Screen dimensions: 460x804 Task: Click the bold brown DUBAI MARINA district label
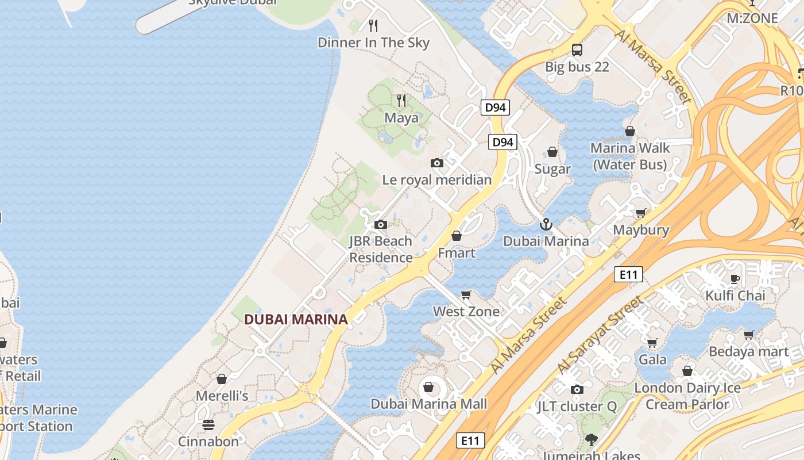coord(296,319)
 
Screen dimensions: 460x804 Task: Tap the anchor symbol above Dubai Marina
coord(546,224)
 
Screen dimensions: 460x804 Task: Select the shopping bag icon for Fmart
coord(457,236)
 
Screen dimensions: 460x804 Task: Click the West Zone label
coord(466,312)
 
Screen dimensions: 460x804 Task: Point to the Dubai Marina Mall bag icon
coord(428,386)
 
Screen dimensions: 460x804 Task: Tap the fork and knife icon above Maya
coord(401,101)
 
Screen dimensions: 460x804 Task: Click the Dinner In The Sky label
coord(373,43)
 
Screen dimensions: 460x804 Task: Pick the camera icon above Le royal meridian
coord(437,163)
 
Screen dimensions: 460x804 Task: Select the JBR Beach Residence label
coord(381,249)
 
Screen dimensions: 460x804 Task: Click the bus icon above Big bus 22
coord(577,50)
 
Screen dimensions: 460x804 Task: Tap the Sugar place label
coord(552,169)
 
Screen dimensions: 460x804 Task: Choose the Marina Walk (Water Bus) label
coord(630,156)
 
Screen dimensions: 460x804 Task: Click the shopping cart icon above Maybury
coord(641,213)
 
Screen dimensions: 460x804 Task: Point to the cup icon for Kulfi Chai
coord(735,279)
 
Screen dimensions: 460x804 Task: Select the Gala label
coord(653,360)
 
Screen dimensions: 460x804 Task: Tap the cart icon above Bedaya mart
coord(749,335)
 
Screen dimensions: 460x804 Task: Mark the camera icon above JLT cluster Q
coord(577,389)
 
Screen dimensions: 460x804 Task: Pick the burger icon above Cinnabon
coord(208,425)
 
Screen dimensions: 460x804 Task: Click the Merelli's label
coord(222,396)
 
